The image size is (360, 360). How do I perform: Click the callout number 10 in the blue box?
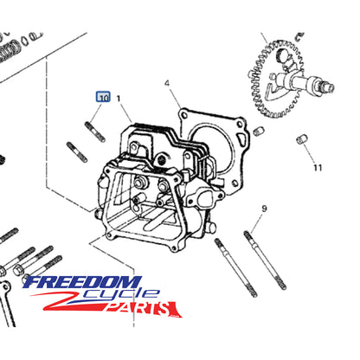(x=104, y=99)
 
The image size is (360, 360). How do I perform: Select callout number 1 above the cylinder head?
(x=119, y=100)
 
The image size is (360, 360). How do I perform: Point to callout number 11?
(x=317, y=167)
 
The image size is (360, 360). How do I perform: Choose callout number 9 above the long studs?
(x=264, y=208)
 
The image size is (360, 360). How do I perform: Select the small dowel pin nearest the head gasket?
(x=259, y=131)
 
